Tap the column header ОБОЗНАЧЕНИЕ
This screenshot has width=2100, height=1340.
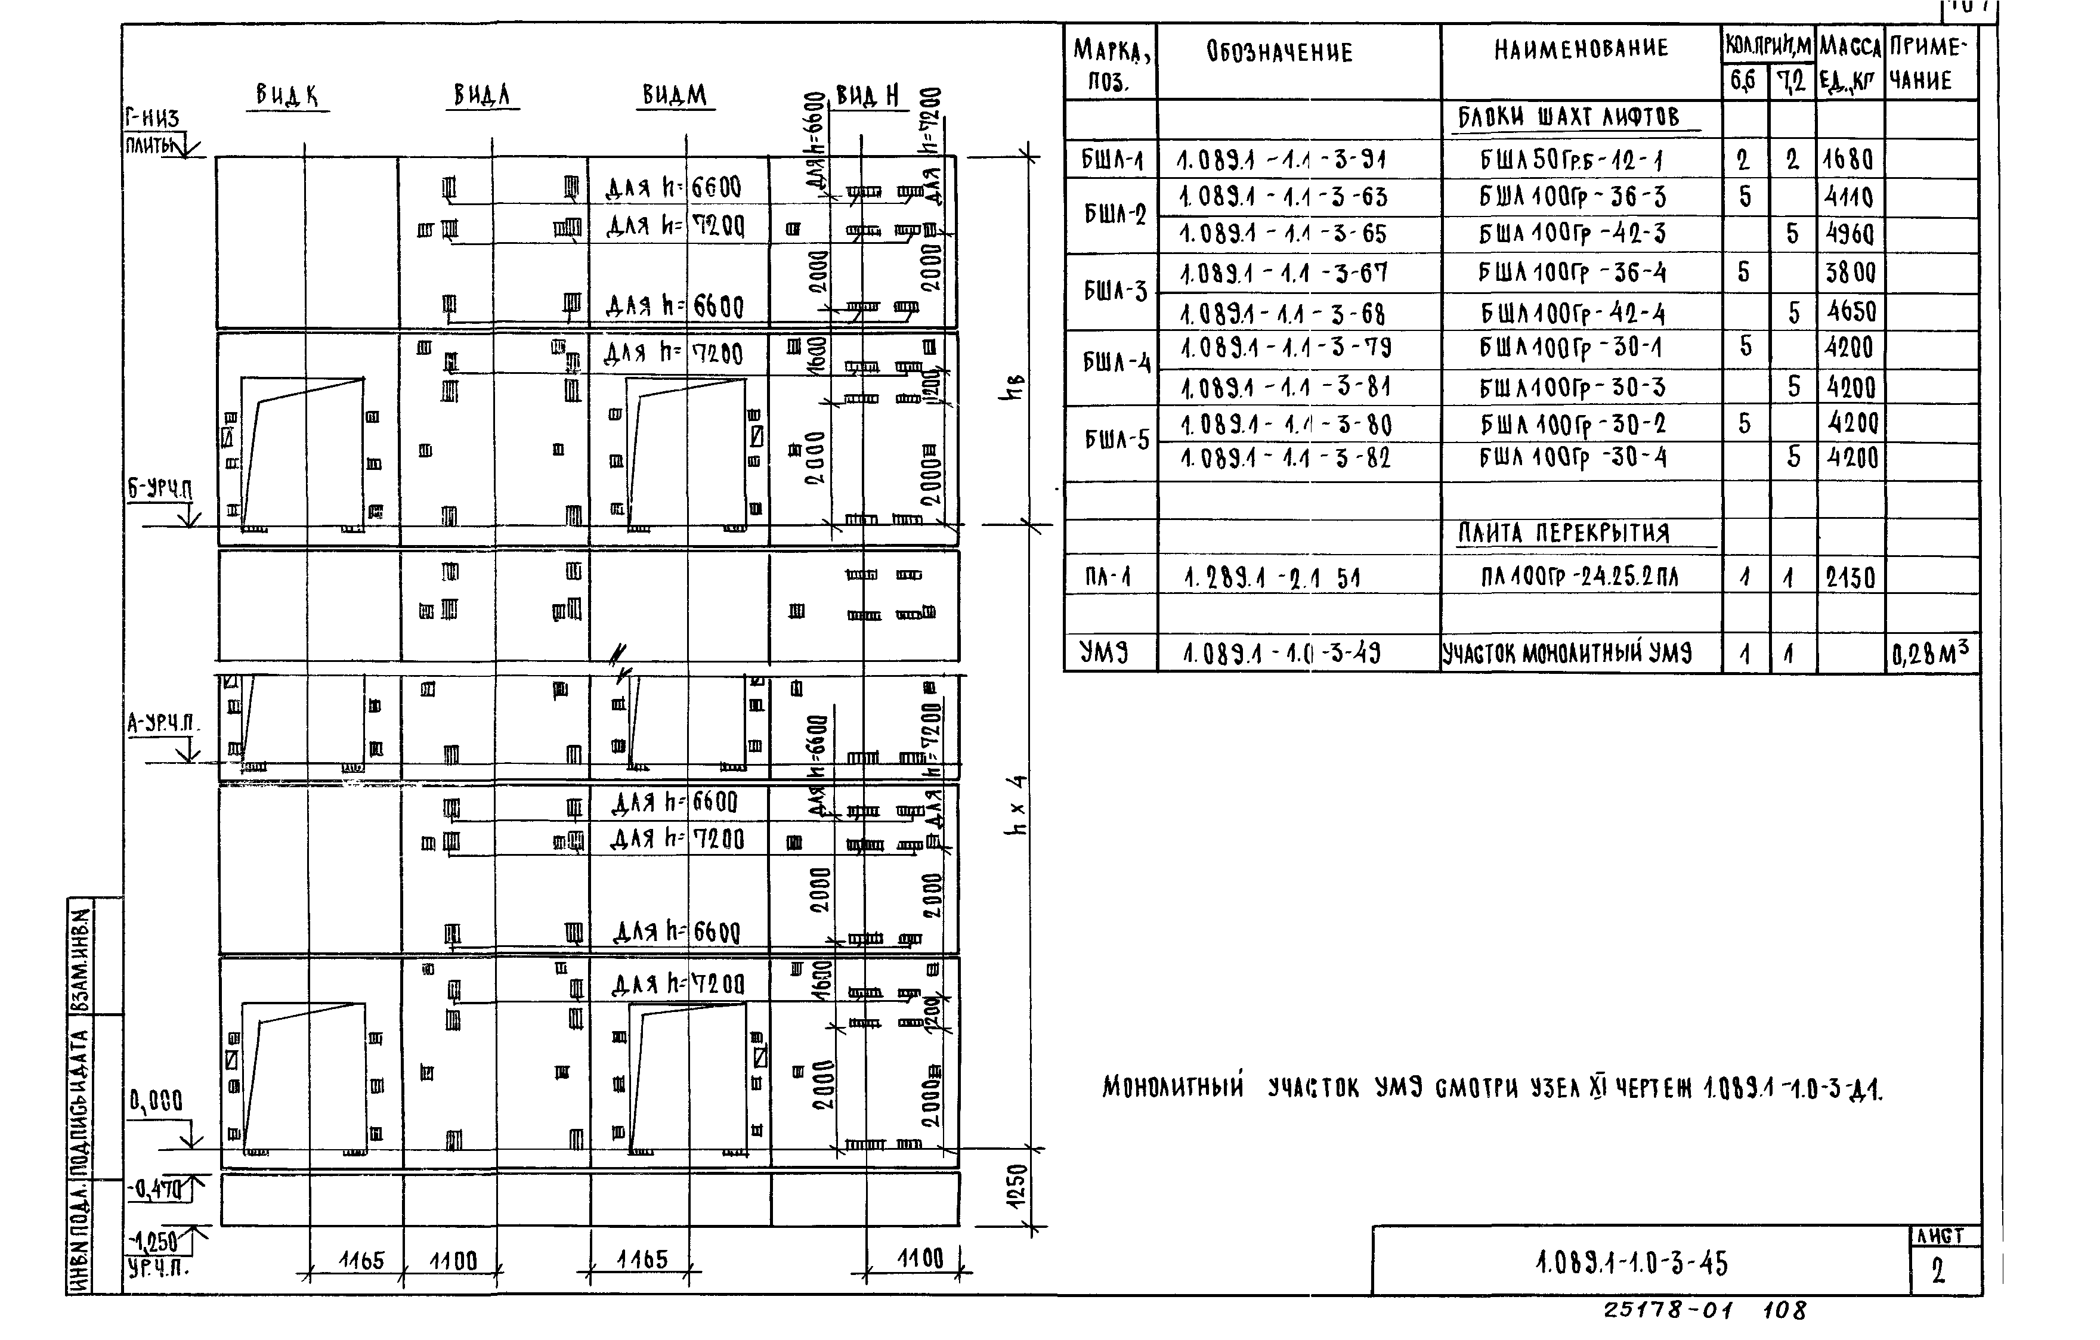pyautogui.click(x=1279, y=52)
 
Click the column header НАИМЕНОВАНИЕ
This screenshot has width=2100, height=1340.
pyautogui.click(x=1581, y=49)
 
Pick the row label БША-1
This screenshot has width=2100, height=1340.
pyautogui.click(x=1111, y=160)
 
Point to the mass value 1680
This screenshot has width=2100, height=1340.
pyautogui.click(x=1848, y=160)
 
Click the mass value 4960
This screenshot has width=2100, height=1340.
pyautogui.click(x=1849, y=234)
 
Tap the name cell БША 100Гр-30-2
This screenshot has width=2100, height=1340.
pyautogui.click(x=1572, y=425)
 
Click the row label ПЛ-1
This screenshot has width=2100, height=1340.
pyautogui.click(x=1108, y=576)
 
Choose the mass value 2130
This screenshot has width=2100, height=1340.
pyautogui.click(x=1850, y=577)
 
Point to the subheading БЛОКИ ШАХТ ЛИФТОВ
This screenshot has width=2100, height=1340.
pyautogui.click(x=1568, y=117)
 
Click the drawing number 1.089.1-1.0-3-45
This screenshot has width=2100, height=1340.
pyautogui.click(x=1631, y=1263)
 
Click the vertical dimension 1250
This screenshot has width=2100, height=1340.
pyautogui.click(x=1017, y=1187)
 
